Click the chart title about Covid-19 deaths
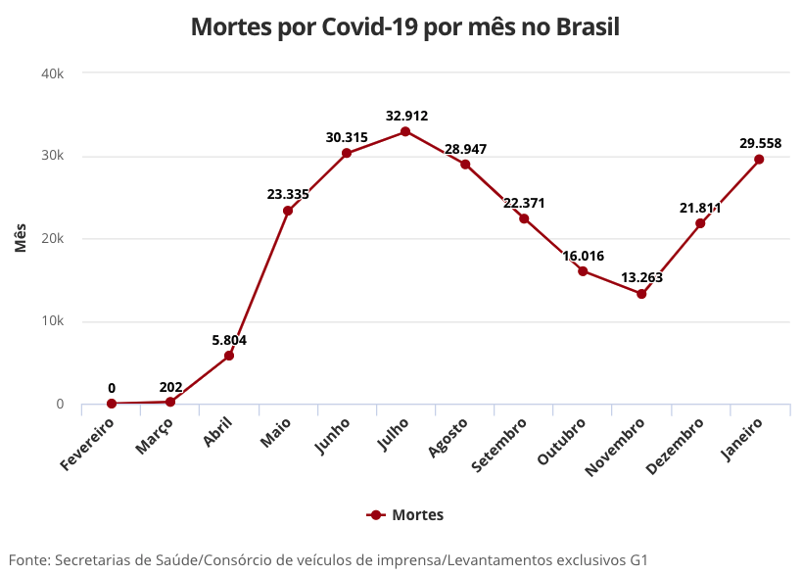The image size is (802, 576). tap(405, 26)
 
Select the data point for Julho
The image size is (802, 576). tap(405, 131)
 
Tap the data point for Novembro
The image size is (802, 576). tap(641, 294)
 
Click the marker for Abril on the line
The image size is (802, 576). tap(229, 356)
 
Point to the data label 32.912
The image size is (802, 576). tap(406, 116)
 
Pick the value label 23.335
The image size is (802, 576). tap(288, 194)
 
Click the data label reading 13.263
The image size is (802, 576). tap(641, 277)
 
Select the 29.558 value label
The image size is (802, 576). tap(760, 143)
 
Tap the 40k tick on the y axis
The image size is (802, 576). tap(53, 73)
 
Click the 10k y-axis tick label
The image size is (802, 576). tap(53, 321)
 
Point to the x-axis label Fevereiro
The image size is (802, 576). tap(89, 443)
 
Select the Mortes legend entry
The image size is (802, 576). tap(405, 514)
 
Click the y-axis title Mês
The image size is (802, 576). tap(21, 238)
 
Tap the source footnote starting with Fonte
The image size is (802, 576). tap(329, 560)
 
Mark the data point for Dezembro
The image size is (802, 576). tap(700, 223)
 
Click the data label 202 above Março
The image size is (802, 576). tap(170, 387)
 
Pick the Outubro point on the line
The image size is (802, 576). tap(583, 271)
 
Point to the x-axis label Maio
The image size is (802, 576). tap(276, 434)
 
